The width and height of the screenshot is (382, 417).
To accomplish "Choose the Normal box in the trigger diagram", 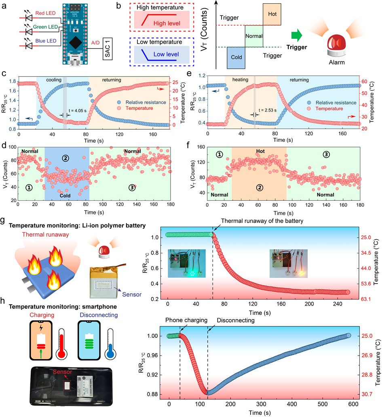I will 254,36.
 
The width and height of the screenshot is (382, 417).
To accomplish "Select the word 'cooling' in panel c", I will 54,80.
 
